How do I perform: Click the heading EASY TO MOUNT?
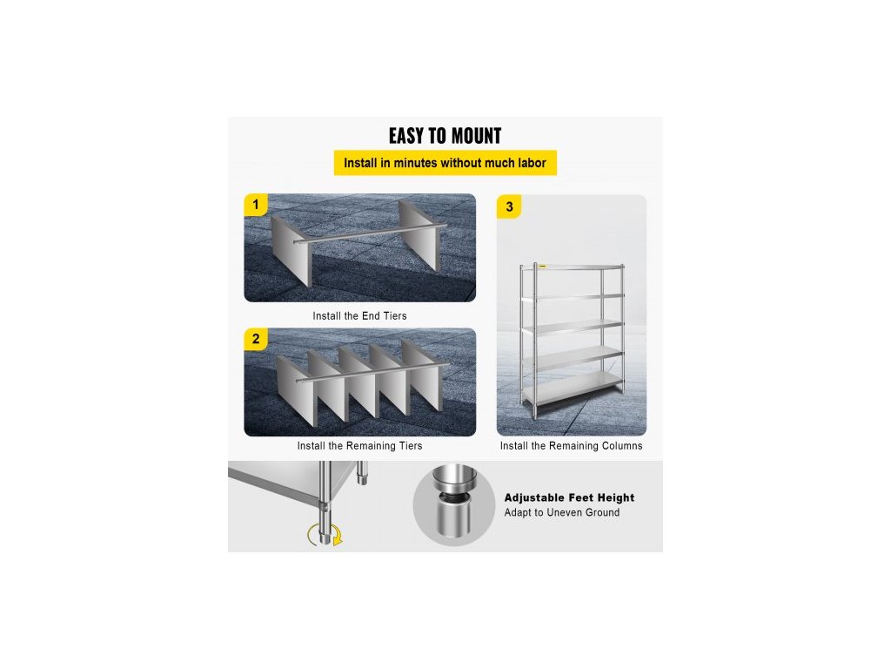[x=445, y=136]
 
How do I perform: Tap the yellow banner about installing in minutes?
[x=445, y=163]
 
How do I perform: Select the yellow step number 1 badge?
[x=255, y=205]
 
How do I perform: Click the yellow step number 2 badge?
[x=255, y=339]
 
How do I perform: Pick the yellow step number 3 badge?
[x=509, y=207]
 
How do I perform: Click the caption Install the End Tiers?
[x=359, y=315]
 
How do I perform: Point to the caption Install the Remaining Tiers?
[x=359, y=446]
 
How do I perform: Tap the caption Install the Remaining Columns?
[x=571, y=446]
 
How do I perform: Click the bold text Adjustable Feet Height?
[x=569, y=497]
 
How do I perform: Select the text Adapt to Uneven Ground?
[x=562, y=512]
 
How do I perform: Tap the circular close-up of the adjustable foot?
[x=454, y=504]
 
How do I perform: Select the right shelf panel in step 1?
[x=419, y=234]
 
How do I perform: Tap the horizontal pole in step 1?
[x=371, y=234]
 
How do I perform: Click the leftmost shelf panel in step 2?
[x=296, y=390]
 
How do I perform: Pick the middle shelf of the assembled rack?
[x=573, y=328]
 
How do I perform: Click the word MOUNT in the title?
[x=474, y=136]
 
